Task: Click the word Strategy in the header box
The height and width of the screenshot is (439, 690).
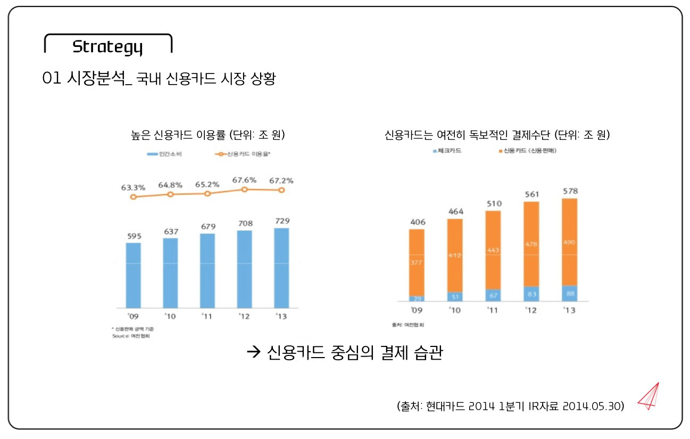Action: [107, 47]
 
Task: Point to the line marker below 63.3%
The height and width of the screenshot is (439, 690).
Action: [133, 197]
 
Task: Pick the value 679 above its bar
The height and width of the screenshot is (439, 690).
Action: [207, 227]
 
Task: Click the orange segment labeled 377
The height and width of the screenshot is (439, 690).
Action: [417, 262]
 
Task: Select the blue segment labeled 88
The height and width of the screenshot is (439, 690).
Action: [569, 294]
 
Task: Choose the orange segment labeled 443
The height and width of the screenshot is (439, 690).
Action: [493, 250]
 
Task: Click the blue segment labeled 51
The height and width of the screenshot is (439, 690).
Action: [455, 296]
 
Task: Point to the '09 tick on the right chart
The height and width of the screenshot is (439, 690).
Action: [417, 310]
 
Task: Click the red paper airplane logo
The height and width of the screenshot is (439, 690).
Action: [649, 396]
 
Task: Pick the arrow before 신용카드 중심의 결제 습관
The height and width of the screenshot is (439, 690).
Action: [253, 352]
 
